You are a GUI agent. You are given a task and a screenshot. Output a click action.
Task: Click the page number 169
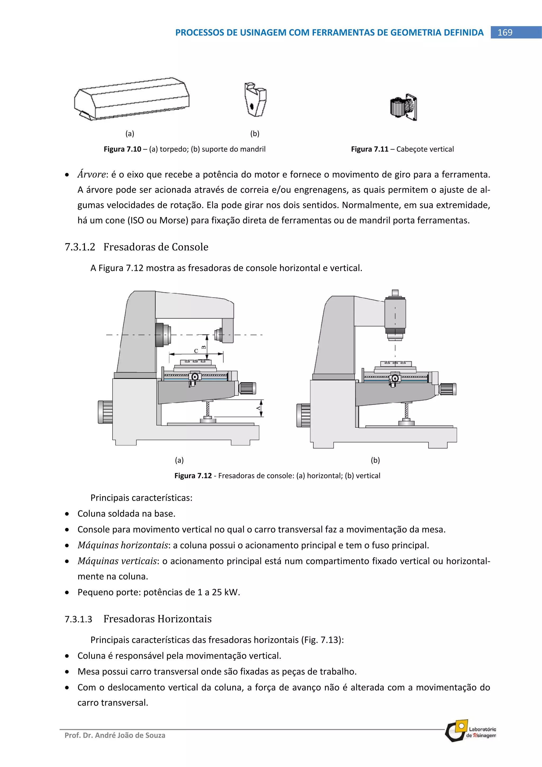(x=505, y=32)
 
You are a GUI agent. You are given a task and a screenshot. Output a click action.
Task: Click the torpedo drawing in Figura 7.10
(x=132, y=99)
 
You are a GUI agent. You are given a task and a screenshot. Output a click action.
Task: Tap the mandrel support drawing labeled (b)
(x=255, y=100)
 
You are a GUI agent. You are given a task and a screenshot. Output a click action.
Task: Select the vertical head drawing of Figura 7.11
(x=403, y=107)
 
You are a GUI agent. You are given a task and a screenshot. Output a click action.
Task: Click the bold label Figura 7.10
(x=122, y=149)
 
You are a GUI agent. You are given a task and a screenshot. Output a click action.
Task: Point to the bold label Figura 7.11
(x=369, y=149)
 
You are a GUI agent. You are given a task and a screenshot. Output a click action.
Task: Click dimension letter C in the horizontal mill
(x=196, y=351)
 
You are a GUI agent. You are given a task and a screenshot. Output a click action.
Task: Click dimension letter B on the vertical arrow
(x=204, y=347)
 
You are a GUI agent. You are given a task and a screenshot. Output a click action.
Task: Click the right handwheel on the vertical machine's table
(x=448, y=389)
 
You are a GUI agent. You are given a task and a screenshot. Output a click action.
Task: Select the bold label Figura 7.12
(x=193, y=475)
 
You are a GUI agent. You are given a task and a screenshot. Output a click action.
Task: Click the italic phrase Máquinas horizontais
(x=123, y=545)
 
